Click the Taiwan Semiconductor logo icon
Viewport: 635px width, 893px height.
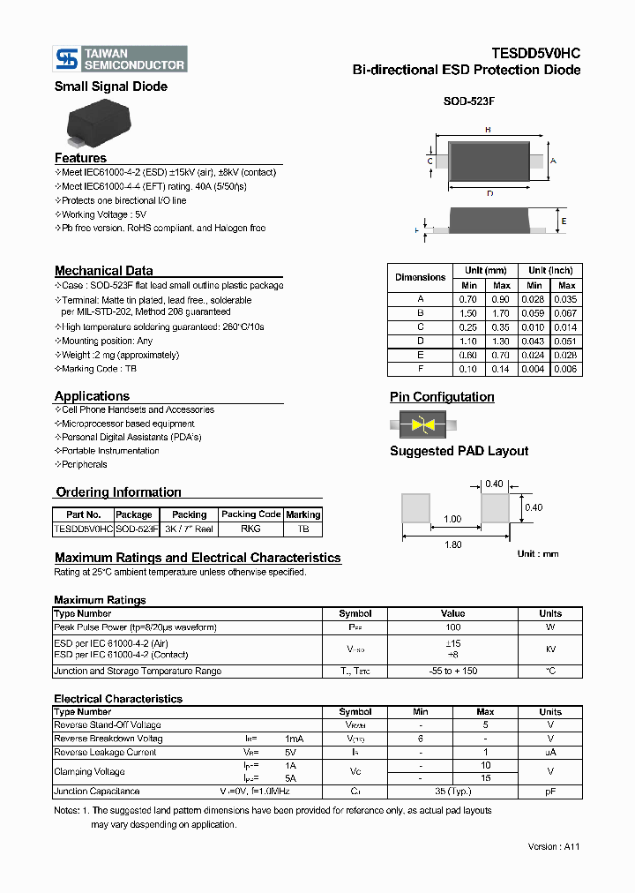click(x=66, y=59)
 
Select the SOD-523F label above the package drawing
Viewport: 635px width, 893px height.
click(x=468, y=101)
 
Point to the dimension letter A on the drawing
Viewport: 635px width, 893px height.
click(x=552, y=161)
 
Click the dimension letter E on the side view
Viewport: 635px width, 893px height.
click(x=564, y=221)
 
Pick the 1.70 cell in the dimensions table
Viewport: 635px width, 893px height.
click(x=501, y=313)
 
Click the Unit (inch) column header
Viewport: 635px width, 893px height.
click(x=550, y=271)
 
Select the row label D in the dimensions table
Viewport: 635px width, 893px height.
click(x=421, y=341)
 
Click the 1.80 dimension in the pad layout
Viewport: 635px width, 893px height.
click(x=452, y=544)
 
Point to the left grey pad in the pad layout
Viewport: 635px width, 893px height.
click(x=415, y=508)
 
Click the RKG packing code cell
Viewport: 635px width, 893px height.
click(x=250, y=529)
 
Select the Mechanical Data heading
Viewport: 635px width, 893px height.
click(x=103, y=271)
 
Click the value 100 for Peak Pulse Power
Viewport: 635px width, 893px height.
click(x=452, y=627)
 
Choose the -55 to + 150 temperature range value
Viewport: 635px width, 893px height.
click(x=452, y=671)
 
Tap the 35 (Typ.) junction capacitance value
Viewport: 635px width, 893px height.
click(x=452, y=792)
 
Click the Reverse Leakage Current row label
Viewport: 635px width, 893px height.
click(x=106, y=753)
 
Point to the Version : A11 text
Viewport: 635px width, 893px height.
click(x=553, y=846)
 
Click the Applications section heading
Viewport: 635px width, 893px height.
click(x=92, y=396)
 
